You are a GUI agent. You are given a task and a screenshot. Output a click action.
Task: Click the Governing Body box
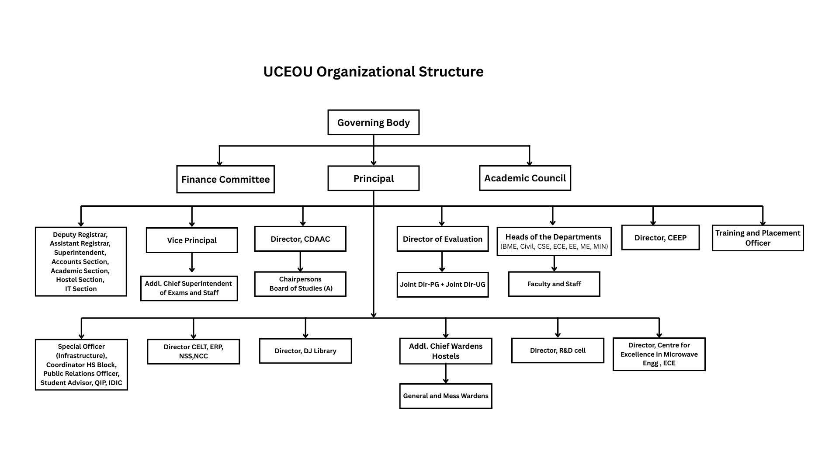click(373, 122)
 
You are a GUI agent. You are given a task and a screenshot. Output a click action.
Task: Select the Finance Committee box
click(225, 179)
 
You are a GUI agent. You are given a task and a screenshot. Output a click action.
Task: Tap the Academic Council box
click(524, 178)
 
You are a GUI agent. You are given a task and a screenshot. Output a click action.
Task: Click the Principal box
click(373, 178)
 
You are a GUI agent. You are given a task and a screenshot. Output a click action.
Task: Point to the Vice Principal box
click(191, 240)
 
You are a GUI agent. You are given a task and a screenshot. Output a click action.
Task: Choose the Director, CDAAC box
click(300, 239)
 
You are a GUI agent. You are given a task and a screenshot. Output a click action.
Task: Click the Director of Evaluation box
click(442, 239)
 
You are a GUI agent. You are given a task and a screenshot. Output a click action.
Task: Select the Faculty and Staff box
click(554, 284)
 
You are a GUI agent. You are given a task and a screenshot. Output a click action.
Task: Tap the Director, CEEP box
click(660, 238)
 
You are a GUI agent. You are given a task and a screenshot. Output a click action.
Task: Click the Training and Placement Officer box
click(757, 238)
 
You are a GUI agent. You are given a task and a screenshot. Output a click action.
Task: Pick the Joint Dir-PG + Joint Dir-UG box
click(442, 285)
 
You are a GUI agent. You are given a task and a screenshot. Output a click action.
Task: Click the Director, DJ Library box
click(305, 351)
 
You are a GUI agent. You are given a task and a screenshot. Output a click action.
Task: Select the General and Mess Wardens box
click(445, 396)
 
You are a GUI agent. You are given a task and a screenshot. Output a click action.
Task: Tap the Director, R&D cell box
click(557, 351)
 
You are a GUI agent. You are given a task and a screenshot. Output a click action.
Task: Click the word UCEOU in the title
click(288, 72)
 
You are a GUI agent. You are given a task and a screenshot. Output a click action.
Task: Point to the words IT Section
click(81, 289)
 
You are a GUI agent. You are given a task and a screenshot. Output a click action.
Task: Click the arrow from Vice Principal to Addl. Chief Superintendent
click(191, 264)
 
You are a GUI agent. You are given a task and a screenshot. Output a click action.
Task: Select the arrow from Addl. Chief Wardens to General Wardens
click(445, 373)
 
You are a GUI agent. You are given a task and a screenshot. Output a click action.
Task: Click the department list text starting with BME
click(554, 246)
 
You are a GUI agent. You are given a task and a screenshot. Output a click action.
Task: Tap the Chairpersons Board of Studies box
click(300, 284)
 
